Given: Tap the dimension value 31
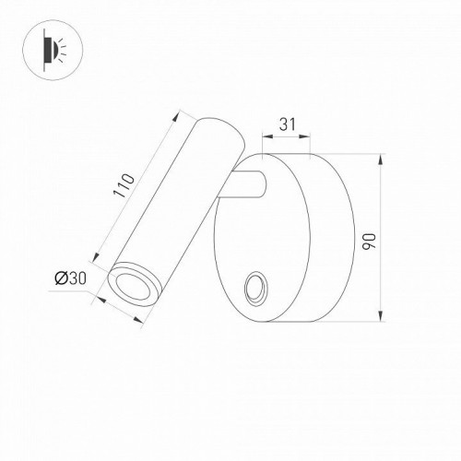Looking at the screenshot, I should click(x=286, y=122).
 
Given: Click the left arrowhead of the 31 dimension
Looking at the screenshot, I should click(x=266, y=135).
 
